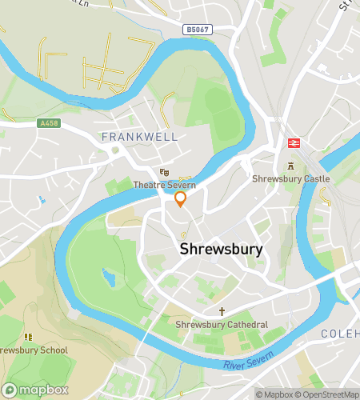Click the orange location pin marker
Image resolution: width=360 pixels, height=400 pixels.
click(180, 199)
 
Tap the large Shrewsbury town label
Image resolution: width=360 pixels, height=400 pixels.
click(222, 249)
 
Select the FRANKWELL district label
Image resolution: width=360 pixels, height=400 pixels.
click(139, 137)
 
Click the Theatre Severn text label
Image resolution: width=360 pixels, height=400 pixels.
click(165, 185)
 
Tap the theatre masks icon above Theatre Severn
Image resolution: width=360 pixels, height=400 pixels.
click(164, 172)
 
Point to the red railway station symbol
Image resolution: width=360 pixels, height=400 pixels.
click(294, 142)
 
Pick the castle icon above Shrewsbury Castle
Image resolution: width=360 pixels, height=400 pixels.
click(290, 166)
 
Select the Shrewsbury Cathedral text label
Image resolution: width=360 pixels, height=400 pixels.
click(222, 326)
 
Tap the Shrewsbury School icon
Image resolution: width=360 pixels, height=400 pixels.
click(29, 337)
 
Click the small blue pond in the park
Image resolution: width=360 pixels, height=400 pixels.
click(108, 278)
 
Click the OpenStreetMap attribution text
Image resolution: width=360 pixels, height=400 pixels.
click(328, 394)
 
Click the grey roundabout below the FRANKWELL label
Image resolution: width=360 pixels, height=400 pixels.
click(116, 150)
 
